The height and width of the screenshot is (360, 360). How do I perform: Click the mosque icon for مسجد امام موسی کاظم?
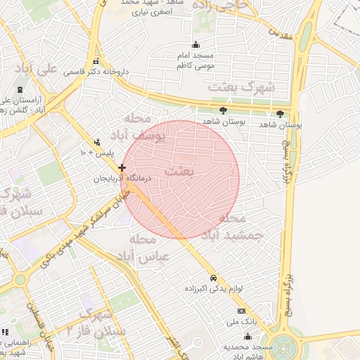(x=195, y=45)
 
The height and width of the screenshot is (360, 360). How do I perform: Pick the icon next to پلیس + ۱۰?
(x=97, y=142)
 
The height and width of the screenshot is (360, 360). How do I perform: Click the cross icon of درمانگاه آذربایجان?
(x=122, y=167)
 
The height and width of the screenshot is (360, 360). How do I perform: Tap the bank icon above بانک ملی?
(x=242, y=311)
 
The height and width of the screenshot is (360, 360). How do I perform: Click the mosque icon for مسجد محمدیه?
(x=246, y=337)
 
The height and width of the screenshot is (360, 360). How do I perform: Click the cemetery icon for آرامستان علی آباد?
(x=19, y=89)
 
